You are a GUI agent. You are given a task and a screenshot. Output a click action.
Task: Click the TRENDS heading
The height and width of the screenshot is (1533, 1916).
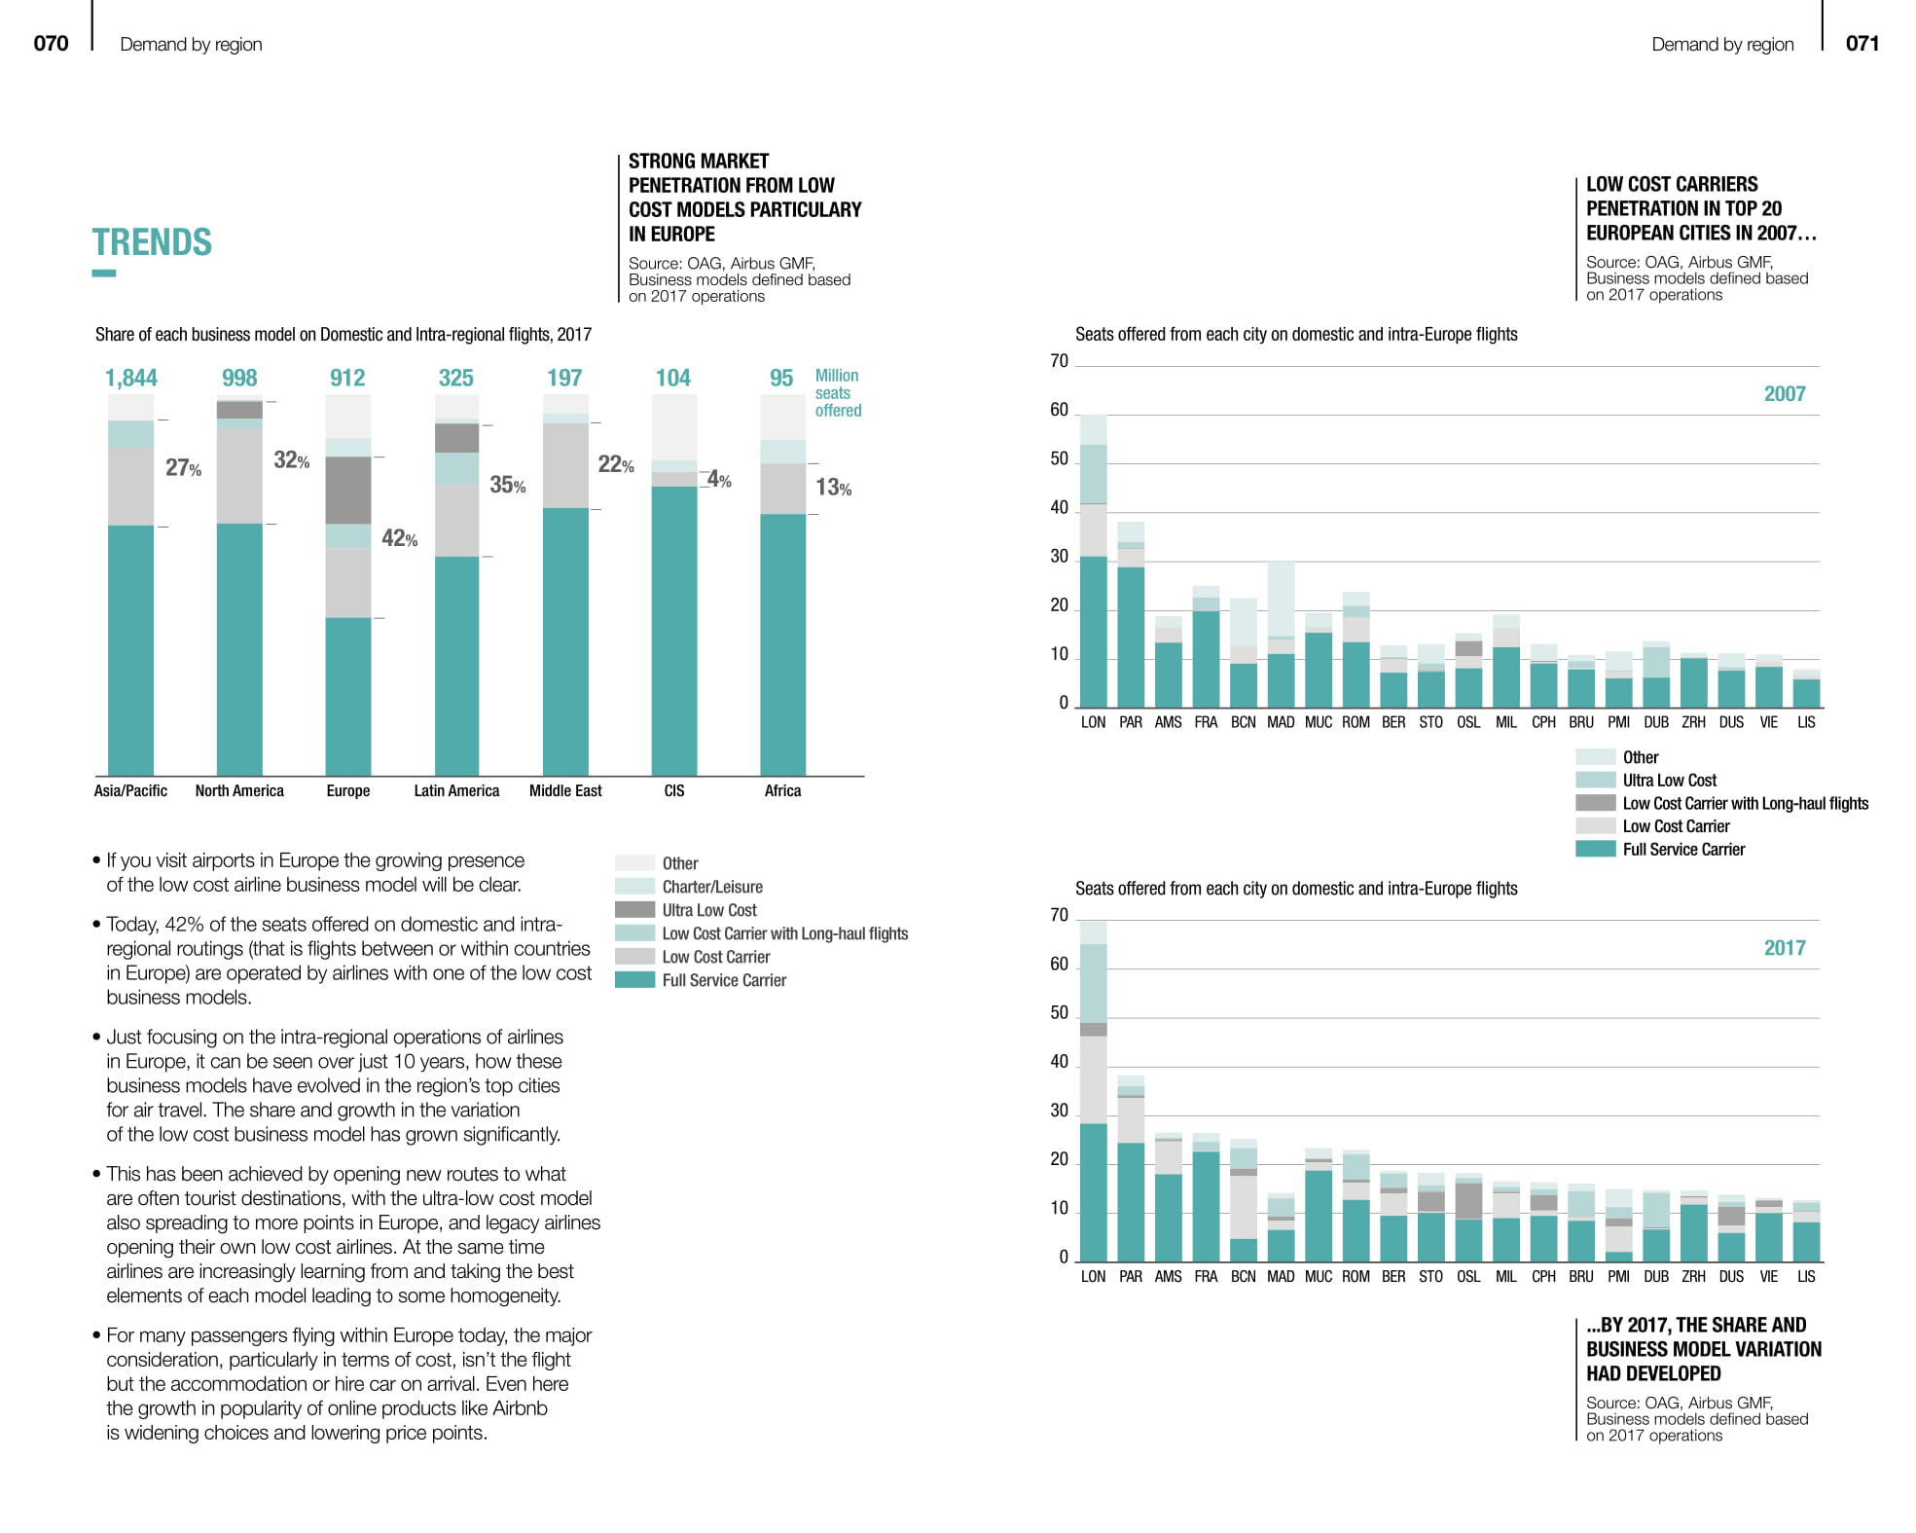tap(152, 242)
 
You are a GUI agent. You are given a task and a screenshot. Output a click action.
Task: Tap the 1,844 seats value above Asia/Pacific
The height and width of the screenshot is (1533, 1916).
tap(130, 378)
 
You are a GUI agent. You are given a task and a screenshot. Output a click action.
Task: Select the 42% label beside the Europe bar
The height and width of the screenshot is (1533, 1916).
tap(399, 538)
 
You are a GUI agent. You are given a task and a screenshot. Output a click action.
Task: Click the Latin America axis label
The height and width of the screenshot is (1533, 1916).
tap(456, 790)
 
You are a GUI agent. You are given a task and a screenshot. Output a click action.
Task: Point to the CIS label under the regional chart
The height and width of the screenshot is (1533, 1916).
tap(674, 790)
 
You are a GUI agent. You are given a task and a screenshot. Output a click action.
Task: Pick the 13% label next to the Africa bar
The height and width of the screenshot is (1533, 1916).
tap(833, 488)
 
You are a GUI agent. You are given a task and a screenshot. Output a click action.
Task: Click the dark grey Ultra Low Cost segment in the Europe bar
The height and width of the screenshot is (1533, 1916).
tap(348, 490)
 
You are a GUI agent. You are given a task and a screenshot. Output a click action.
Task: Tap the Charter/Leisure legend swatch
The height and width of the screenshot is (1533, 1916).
tap(634, 887)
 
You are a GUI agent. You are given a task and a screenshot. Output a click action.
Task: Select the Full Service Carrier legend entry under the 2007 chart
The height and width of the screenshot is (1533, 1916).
tap(1683, 849)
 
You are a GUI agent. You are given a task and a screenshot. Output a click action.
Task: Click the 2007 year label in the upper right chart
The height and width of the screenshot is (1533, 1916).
tap(1784, 394)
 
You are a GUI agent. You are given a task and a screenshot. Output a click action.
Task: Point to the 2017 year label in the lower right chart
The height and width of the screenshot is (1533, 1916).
tap(1784, 948)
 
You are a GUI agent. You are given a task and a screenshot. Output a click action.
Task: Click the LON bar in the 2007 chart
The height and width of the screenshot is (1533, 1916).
tap(1094, 584)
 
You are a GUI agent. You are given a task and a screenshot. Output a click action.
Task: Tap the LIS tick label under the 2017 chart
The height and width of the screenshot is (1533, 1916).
tap(1806, 1276)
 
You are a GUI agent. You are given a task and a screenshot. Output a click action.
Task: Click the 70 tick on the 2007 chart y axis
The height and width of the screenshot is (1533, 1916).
tap(1059, 361)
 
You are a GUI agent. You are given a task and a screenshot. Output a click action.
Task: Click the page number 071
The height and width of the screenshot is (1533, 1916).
tap(1862, 43)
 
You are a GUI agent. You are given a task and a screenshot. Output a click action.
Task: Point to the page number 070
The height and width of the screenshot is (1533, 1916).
tap(51, 43)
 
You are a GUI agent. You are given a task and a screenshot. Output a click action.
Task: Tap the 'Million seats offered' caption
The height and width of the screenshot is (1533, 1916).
tap(838, 392)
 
